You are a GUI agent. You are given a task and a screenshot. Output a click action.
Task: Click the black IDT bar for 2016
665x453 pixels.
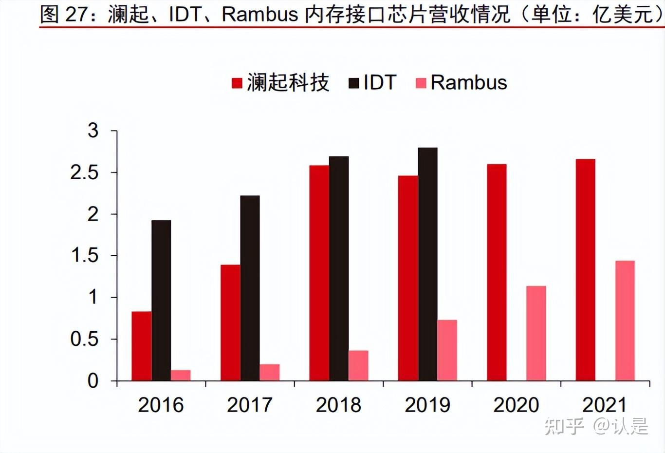pyautogui.click(x=161, y=300)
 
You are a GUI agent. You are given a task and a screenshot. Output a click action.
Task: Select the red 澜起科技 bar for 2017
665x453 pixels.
pyautogui.click(x=230, y=322)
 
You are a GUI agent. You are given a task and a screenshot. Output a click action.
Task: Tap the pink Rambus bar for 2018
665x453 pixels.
pyautogui.click(x=358, y=365)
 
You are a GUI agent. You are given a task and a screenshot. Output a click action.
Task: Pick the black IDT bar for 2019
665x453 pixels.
pyautogui.click(x=427, y=264)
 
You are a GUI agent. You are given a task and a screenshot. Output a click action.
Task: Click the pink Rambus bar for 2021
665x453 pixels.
pyautogui.click(x=625, y=321)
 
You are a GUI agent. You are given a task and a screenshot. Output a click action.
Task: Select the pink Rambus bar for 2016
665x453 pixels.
pyautogui.click(x=181, y=375)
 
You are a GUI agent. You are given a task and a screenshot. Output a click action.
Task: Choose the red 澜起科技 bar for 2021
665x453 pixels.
pyautogui.click(x=585, y=269)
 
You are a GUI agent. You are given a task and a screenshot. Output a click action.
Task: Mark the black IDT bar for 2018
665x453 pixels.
pyautogui.click(x=339, y=268)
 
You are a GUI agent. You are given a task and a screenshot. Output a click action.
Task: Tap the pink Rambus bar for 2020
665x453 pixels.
pyautogui.click(x=536, y=333)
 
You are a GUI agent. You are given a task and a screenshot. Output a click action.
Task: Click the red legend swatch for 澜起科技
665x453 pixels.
pyautogui.click(x=237, y=83)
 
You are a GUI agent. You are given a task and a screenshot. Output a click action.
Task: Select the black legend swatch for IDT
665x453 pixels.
pyautogui.click(x=354, y=83)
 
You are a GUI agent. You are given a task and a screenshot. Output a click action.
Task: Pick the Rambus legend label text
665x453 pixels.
pyautogui.click(x=468, y=83)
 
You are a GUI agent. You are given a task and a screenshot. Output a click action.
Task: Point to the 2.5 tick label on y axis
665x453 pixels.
pyautogui.click(x=84, y=173)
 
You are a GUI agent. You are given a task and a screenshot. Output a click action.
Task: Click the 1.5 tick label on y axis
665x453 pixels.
pyautogui.click(x=85, y=256)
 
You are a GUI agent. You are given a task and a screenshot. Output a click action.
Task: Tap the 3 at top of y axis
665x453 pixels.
pyautogui.click(x=92, y=131)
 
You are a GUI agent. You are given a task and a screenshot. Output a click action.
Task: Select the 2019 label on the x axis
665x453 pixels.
pyautogui.click(x=427, y=405)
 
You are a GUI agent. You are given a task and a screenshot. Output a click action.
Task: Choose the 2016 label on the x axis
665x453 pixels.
pyautogui.click(x=161, y=405)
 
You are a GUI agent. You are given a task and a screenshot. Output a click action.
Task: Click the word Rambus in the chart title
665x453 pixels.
pyautogui.click(x=259, y=14)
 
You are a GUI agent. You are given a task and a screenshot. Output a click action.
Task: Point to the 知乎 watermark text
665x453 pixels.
pyautogui.click(x=564, y=426)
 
